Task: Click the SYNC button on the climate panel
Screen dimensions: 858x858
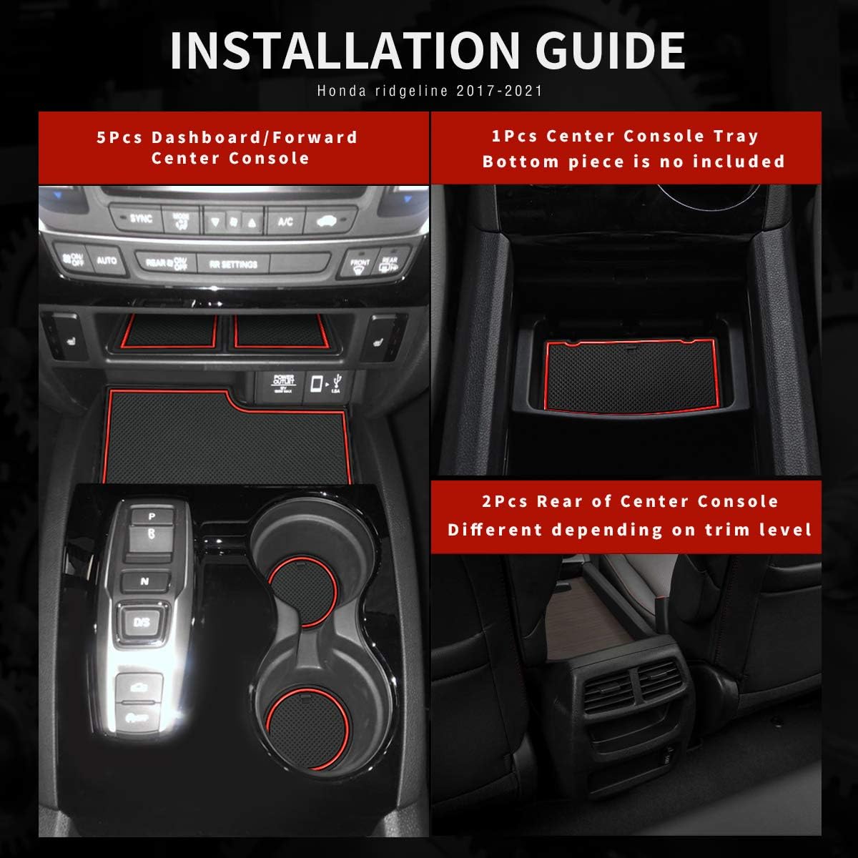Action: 141,219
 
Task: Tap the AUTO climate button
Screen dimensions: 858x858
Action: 107,260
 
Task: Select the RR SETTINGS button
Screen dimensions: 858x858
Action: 233,264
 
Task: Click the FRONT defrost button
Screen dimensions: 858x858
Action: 360,265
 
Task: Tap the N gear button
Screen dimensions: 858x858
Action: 144,581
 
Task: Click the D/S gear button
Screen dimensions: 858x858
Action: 142,621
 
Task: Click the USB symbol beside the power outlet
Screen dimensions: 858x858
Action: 337,383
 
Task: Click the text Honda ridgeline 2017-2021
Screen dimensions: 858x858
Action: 429,91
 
